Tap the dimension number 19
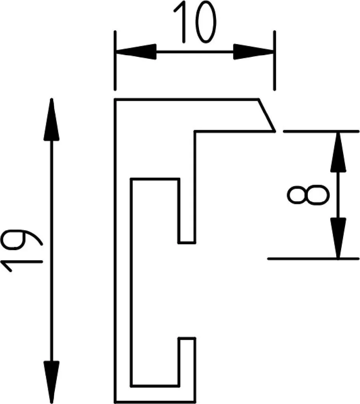click(x=21, y=251)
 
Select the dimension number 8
click(x=308, y=195)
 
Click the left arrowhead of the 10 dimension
click(x=136, y=52)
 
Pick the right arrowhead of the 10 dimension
click(x=253, y=52)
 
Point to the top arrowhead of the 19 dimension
click(x=52, y=119)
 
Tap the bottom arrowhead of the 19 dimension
click(x=52, y=382)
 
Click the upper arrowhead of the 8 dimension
click(x=338, y=152)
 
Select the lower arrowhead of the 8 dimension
click(x=338, y=238)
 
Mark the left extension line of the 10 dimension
click(x=115, y=61)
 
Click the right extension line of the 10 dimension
click(x=275, y=61)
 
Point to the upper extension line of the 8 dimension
click(x=321, y=131)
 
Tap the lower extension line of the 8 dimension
click(x=313, y=258)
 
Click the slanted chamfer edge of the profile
click(x=266, y=115)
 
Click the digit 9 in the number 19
click(x=21, y=239)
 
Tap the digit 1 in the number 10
click(x=180, y=22)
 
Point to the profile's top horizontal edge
click(x=187, y=99)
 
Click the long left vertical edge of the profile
click(x=115, y=251)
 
